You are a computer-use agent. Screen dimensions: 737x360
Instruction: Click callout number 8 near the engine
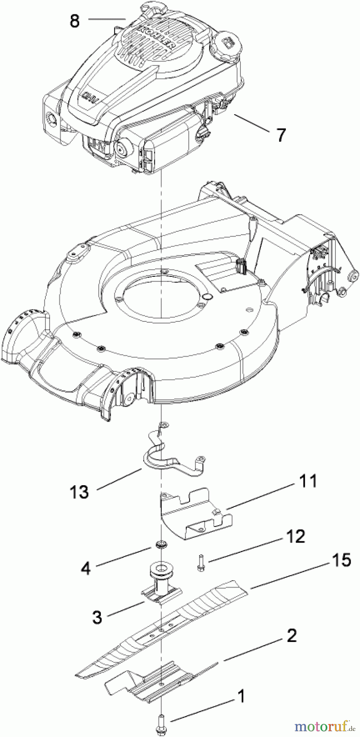coord(75,20)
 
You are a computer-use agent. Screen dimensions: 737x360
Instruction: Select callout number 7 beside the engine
coord(280,135)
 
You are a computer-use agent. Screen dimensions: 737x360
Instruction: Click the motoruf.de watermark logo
coord(324,726)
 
